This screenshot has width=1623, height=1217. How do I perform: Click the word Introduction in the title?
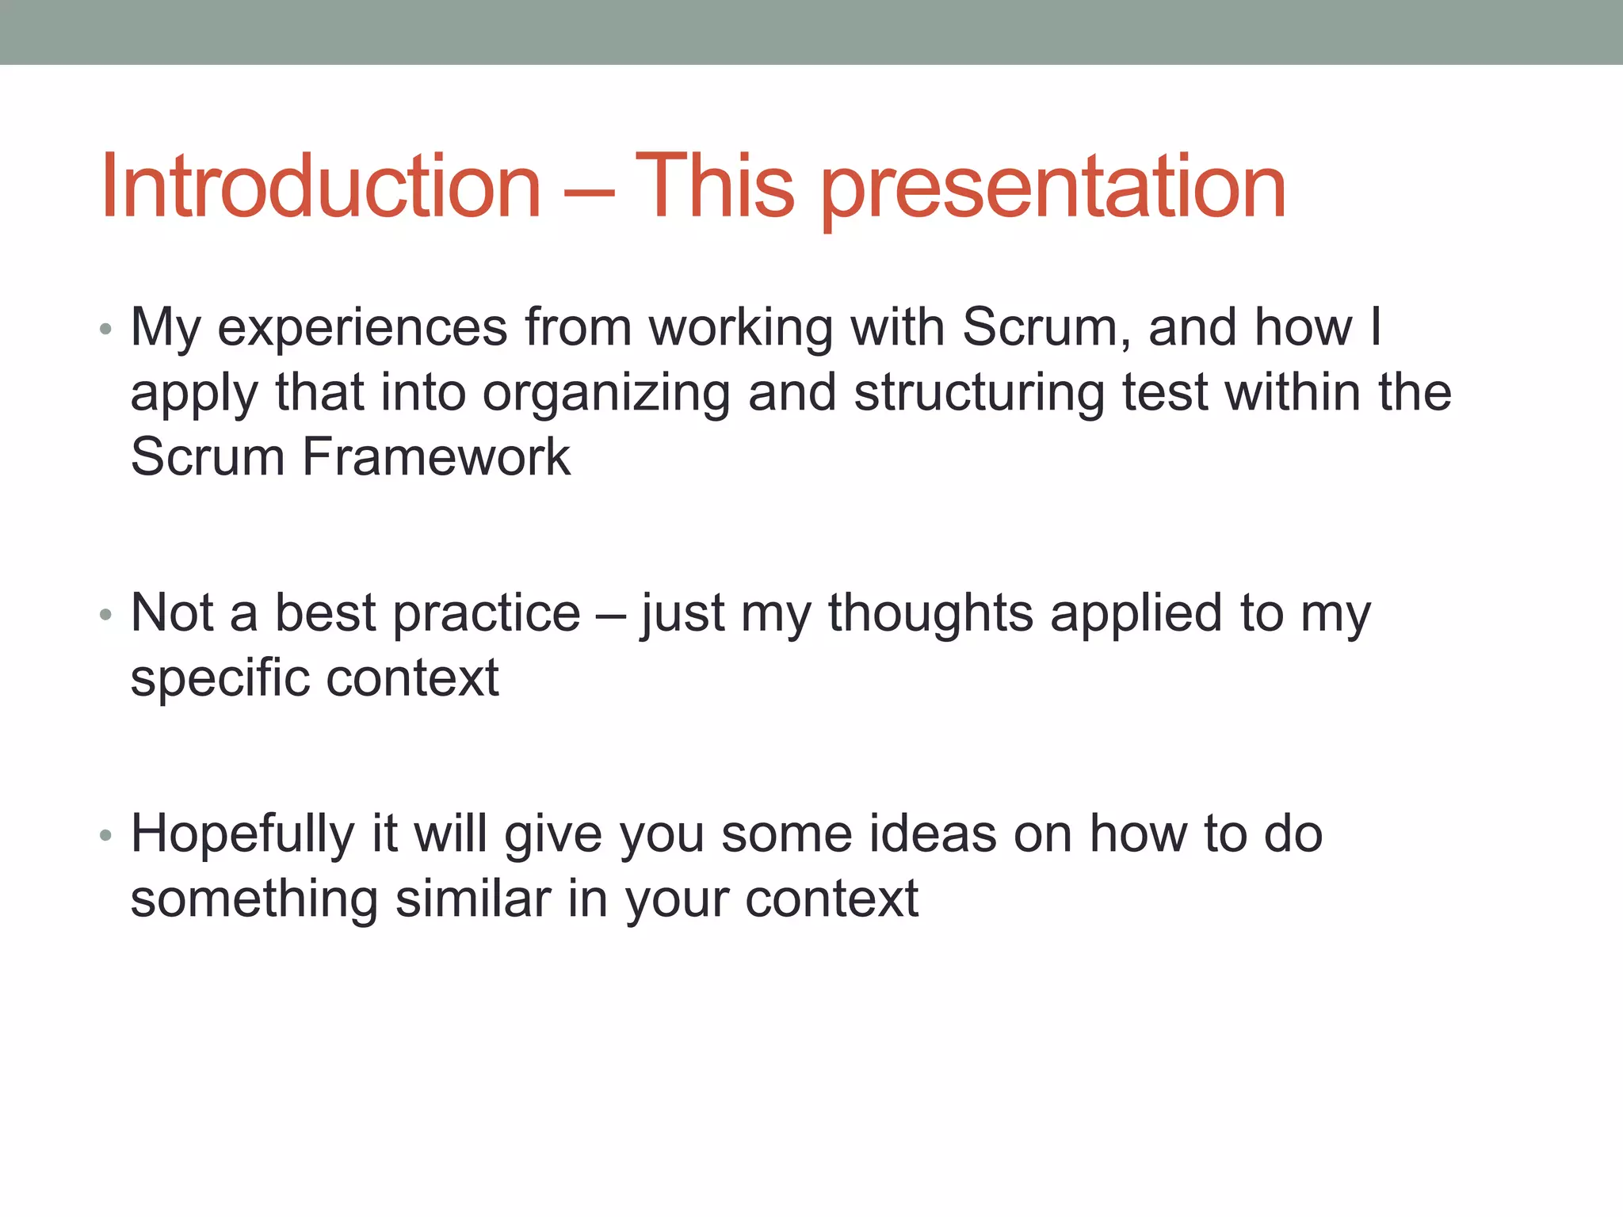(x=321, y=186)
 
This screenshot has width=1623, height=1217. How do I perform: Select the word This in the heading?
(x=714, y=186)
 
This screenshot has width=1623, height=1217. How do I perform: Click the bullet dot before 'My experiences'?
(x=105, y=329)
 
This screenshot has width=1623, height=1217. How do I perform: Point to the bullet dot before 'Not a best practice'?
(x=105, y=615)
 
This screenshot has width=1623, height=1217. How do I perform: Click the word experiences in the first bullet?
(x=362, y=329)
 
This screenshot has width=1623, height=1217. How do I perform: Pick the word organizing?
(x=606, y=395)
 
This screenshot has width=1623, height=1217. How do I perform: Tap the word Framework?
(x=436, y=457)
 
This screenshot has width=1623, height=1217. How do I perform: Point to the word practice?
(x=487, y=615)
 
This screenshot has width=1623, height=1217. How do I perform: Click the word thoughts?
(x=930, y=613)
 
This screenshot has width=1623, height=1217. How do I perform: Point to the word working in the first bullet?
(x=741, y=329)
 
